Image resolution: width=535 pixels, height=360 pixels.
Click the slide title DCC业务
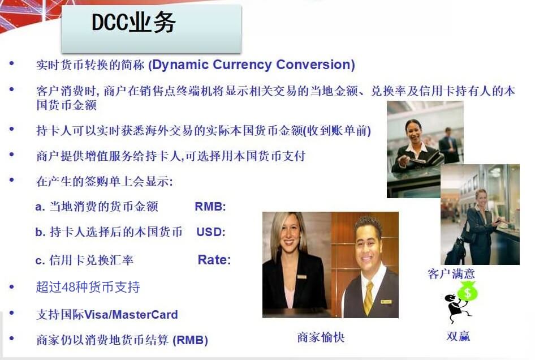point(134,23)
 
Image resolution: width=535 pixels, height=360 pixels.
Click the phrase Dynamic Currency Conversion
point(252,65)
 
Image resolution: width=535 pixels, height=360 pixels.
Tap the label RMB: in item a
point(210,207)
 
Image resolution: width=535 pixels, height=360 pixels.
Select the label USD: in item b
point(211,232)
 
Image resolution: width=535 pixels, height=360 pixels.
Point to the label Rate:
point(214,260)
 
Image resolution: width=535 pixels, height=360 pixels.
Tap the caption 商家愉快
point(321,337)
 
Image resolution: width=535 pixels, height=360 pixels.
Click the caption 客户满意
point(451,274)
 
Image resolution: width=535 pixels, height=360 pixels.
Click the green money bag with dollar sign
point(468,292)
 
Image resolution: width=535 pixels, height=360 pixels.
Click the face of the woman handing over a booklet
point(413,132)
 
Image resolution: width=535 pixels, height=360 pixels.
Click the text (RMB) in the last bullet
point(191,340)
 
